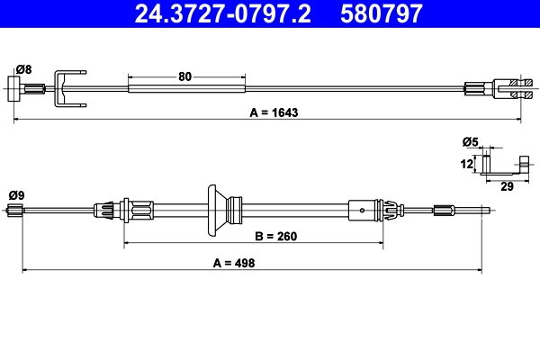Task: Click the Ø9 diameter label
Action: coord(16,195)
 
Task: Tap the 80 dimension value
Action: coord(184,76)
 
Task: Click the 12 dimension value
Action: coord(466,164)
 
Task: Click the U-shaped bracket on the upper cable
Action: coord(69,86)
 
